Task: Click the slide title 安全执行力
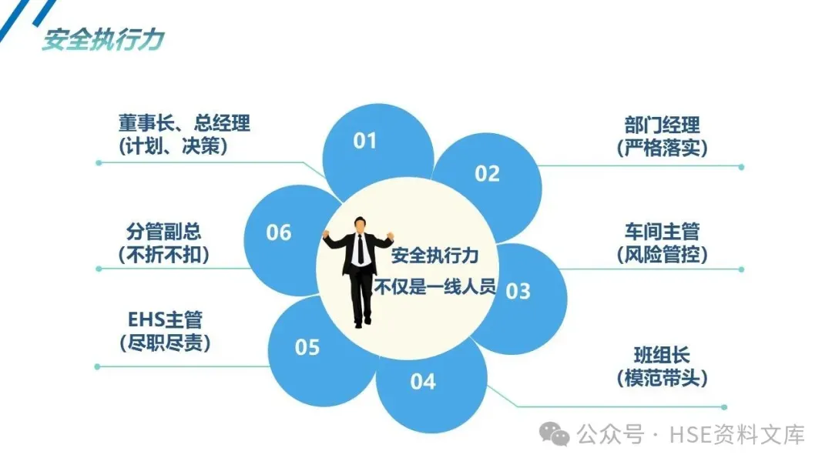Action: tap(102, 40)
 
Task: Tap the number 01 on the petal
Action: tap(365, 141)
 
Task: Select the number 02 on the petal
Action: tap(487, 174)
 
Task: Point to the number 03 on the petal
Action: tap(518, 291)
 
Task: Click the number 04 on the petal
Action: tap(422, 381)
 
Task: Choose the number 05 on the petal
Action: tap(307, 348)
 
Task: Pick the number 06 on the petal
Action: tap(279, 232)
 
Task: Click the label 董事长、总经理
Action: tap(184, 123)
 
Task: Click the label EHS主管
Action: tap(165, 319)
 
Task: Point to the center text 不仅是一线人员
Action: tap(436, 289)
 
